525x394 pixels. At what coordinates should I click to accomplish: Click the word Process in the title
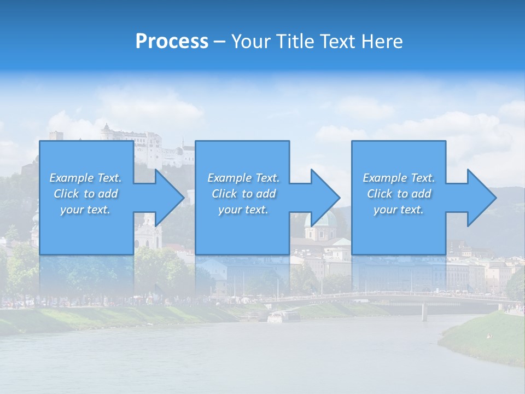tap(172, 42)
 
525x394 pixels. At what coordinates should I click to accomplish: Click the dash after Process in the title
tap(219, 42)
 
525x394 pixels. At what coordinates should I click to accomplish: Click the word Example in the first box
tap(71, 178)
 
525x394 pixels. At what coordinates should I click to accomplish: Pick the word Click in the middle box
tap(224, 194)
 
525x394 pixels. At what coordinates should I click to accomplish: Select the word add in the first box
tap(108, 194)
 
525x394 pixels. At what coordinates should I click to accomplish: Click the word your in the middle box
tap(229, 210)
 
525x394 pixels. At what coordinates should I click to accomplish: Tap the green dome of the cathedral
tap(324, 220)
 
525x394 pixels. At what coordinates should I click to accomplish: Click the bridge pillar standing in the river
tap(424, 312)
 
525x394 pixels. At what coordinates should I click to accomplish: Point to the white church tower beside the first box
tap(147, 232)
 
